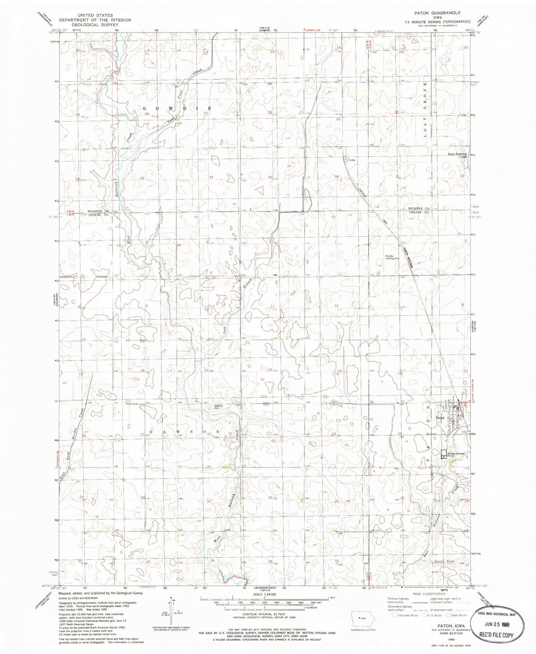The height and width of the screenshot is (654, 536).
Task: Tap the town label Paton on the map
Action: (440, 418)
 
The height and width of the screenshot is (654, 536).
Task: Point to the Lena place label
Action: (352, 160)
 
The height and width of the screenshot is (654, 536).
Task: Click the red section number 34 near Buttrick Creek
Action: (213, 561)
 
